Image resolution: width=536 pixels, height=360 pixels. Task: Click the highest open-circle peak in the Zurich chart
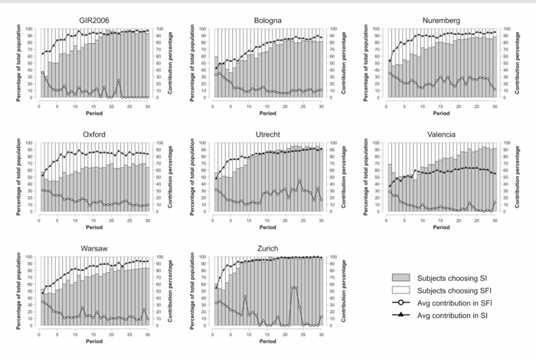click(x=294, y=287)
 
